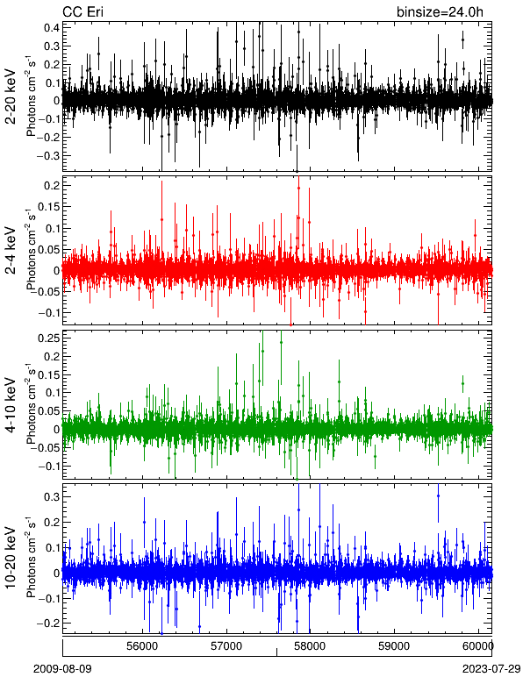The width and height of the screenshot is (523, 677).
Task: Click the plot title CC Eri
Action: coord(82,11)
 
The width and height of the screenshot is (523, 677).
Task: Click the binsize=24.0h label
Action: coord(440,12)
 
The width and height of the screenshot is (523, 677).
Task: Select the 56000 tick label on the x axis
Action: coord(143,646)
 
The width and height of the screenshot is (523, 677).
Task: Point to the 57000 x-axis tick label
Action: coord(227,646)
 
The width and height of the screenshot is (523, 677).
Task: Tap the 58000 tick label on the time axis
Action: coord(312,646)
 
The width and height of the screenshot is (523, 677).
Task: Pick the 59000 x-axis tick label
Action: coord(396,646)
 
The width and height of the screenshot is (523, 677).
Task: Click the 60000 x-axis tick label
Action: coord(477,646)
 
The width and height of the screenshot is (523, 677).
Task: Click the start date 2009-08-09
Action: coord(62,669)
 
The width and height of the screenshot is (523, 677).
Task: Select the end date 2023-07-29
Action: coord(491,669)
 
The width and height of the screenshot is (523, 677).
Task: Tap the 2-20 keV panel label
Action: coord(11,97)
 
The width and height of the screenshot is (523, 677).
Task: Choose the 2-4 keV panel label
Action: coord(11,251)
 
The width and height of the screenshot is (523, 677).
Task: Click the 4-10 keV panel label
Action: coord(11,405)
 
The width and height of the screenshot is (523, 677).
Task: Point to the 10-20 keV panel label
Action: coord(11,558)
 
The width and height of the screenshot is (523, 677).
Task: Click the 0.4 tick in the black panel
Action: coord(52,28)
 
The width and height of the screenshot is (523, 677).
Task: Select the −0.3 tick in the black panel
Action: coord(49,155)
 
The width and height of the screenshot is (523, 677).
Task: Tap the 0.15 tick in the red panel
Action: coord(49,206)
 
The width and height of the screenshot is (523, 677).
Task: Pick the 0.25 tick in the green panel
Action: coord(49,338)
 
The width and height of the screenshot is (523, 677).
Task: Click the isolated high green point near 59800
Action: coord(462,383)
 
